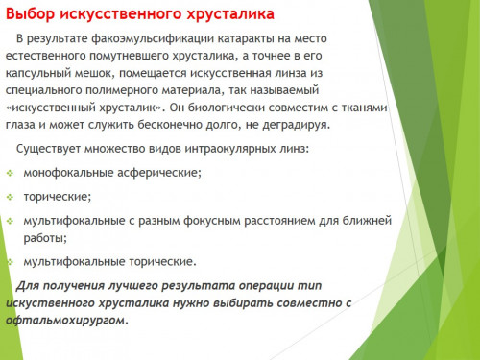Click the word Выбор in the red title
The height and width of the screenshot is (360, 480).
tap(31, 14)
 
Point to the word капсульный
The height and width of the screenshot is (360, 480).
tap(37, 73)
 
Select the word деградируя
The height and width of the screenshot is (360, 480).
tap(296, 125)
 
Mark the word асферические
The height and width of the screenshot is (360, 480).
tap(159, 173)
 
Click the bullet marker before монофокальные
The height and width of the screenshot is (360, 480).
tap(11, 174)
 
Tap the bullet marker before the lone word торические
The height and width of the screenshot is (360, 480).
tap(11, 197)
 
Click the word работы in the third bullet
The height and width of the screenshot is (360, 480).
tap(45, 238)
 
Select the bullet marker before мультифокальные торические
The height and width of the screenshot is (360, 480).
tap(11, 262)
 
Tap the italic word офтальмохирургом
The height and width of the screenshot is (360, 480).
tap(67, 321)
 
